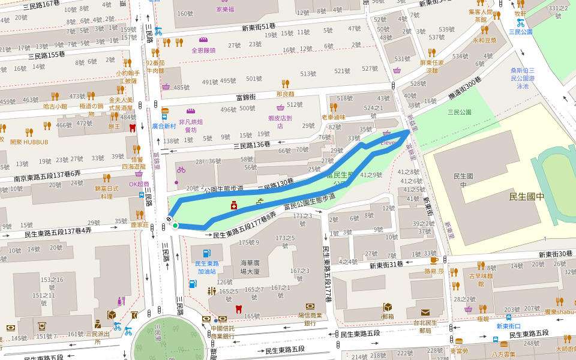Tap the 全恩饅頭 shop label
(x=203, y=50)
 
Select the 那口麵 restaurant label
(x=286, y=94)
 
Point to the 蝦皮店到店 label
(x=280, y=122)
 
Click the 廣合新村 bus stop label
(x=163, y=126)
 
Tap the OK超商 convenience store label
(x=139, y=184)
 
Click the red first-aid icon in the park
(x=234, y=206)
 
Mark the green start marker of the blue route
(x=175, y=226)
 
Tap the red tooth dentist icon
(x=238, y=309)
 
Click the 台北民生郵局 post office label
(x=425, y=326)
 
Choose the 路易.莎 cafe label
(x=434, y=271)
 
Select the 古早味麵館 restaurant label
(x=480, y=280)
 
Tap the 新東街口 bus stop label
(x=508, y=326)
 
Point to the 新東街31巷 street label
(x=386, y=265)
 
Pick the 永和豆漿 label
(x=484, y=40)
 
